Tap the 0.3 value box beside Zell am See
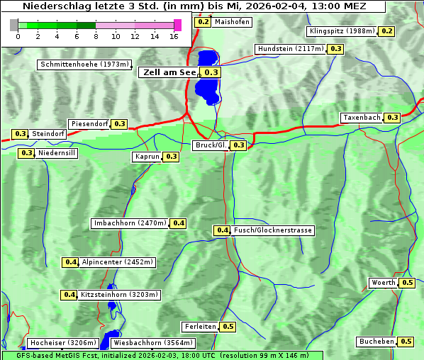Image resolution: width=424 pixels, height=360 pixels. click(x=211, y=72)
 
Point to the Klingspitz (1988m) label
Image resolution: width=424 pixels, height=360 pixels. click(x=342, y=31)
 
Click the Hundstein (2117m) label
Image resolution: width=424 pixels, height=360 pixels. click(x=291, y=49)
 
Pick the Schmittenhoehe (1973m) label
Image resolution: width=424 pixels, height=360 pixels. click(x=84, y=64)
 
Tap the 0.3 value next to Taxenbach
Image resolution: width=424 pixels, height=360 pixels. click(x=392, y=118)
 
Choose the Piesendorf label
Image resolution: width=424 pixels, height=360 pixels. click(x=89, y=124)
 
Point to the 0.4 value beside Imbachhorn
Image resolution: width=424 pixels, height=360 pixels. click(x=179, y=223)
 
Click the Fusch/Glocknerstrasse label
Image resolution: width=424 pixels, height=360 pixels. click(x=273, y=230)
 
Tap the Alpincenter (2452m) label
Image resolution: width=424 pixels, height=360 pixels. click(x=118, y=262)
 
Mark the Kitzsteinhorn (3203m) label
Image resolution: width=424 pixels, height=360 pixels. click(x=120, y=295)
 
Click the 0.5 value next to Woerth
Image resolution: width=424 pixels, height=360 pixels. click(x=407, y=283)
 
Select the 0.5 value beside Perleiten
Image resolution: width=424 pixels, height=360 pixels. click(x=228, y=327)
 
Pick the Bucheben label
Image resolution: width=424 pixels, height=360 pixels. click(x=376, y=342)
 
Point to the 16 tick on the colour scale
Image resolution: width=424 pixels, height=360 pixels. click(x=174, y=36)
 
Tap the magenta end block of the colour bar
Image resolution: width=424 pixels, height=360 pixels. click(x=177, y=25)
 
